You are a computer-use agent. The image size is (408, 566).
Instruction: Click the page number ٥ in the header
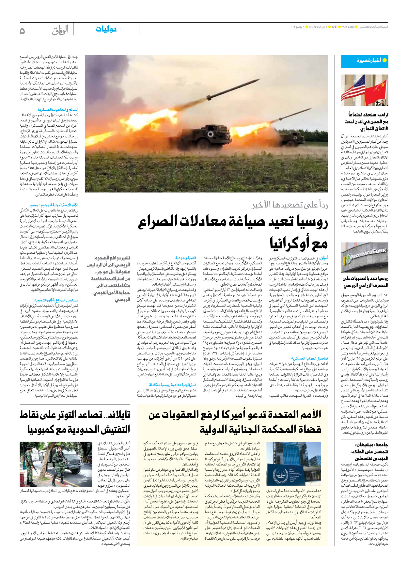coord(22,31)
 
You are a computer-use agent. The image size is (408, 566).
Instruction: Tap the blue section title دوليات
coord(106,29)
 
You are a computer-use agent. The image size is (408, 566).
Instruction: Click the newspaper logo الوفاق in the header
coord(60,30)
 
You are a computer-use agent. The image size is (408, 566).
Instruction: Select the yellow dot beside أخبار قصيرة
coord(384,60)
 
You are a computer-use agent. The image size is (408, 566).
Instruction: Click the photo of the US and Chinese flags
coord(365,90)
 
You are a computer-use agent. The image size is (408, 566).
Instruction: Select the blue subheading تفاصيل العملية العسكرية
coord(309,358)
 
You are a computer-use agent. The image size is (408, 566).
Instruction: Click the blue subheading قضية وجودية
coord(186,258)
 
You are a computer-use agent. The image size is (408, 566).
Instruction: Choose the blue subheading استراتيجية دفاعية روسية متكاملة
coord(173,385)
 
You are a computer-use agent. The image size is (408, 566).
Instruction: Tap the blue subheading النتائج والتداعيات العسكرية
coord(58,110)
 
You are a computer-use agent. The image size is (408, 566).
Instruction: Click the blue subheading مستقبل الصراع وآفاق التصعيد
coord(56,300)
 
